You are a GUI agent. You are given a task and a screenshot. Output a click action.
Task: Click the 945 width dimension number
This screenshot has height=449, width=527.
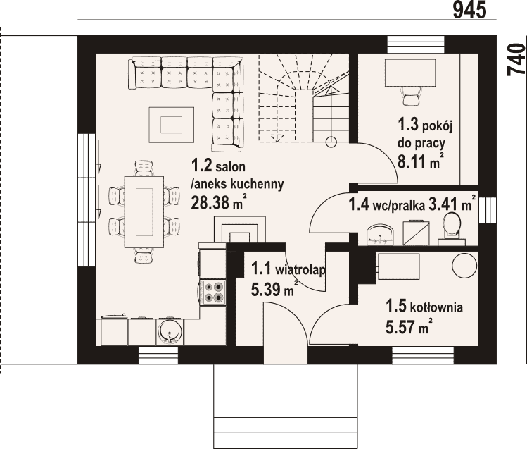click(x=469, y=9)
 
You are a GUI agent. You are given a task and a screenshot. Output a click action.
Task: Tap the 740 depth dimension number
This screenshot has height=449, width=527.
click(x=516, y=60)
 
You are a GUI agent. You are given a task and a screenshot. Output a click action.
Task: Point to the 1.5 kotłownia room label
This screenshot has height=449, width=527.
click(x=424, y=307)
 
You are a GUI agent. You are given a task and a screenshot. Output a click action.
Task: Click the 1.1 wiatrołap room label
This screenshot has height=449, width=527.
click(x=288, y=269)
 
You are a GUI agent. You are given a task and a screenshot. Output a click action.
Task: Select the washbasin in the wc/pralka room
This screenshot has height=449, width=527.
click(x=380, y=234)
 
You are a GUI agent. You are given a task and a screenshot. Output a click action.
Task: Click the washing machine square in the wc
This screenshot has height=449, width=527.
click(x=416, y=233)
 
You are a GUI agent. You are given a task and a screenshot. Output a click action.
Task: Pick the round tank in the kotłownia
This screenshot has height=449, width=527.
click(x=464, y=264)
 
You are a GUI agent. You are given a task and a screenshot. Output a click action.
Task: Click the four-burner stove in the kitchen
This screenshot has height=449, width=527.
click(x=212, y=292)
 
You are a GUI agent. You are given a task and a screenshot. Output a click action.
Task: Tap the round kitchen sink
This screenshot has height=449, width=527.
click(x=170, y=331)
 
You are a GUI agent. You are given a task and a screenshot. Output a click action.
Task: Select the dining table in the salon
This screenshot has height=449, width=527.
click(x=144, y=212)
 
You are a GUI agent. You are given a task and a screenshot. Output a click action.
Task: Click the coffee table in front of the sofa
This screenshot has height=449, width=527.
click(x=172, y=125)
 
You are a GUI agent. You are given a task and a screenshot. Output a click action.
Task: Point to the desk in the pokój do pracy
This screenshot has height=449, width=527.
click(x=410, y=73)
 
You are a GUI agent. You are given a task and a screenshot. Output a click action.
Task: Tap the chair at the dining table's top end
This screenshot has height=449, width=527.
click(x=144, y=168)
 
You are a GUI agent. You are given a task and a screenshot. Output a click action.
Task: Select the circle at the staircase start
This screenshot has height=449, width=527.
click(x=331, y=142)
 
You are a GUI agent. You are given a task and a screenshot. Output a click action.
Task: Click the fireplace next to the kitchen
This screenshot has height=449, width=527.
click(x=240, y=229)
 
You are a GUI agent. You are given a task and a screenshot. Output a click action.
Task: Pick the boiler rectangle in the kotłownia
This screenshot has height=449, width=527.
click(x=399, y=267)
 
